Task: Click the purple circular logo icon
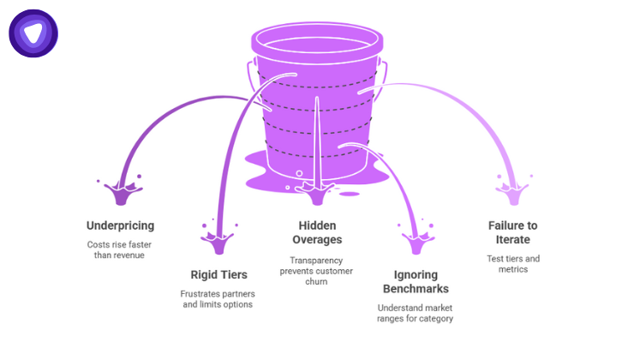pyautogui.click(x=33, y=33)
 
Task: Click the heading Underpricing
pyautogui.click(x=120, y=225)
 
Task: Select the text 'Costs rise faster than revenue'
pyautogui.click(x=120, y=249)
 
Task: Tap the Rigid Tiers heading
pyautogui.click(x=218, y=274)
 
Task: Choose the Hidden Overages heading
pyautogui.click(x=316, y=232)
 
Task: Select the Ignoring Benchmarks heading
pyautogui.click(x=415, y=281)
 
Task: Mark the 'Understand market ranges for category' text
pyautogui.click(x=415, y=313)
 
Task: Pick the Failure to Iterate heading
pyautogui.click(x=514, y=232)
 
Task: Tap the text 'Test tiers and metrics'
pyautogui.click(x=514, y=263)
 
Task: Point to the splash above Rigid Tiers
pyautogui.click(x=218, y=239)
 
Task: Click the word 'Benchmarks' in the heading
pyautogui.click(x=415, y=289)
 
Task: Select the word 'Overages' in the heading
pyautogui.click(x=316, y=240)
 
